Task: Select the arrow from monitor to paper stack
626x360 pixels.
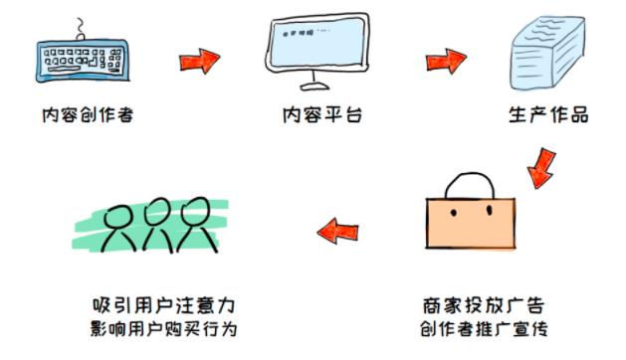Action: point(446,61)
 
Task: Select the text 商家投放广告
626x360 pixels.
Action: point(482,303)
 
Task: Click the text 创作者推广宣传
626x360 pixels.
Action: point(482,329)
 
